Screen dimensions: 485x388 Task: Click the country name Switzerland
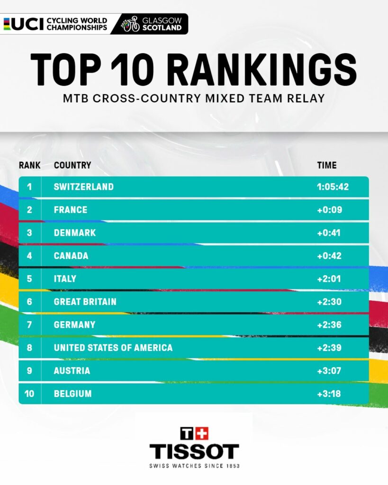[83, 187]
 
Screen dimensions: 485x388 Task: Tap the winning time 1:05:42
[333, 187]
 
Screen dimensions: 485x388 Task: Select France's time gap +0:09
[329, 210]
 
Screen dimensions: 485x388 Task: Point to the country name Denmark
[75, 233]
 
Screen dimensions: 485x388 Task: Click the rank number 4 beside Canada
[29, 256]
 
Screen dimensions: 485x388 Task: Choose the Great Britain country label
[85, 302]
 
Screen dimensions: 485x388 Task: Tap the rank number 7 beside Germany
[29, 325]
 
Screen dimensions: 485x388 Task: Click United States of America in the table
[113, 348]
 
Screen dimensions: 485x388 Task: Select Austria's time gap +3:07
[329, 371]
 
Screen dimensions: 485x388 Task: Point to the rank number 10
[29, 394]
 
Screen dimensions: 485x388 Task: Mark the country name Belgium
[72, 394]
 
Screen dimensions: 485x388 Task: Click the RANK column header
[29, 165]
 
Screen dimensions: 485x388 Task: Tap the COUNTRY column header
[72, 165]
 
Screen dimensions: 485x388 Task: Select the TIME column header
[327, 165]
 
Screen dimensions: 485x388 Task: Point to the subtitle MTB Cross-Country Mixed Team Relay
[194, 99]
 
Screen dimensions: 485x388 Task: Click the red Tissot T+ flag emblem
[194, 433]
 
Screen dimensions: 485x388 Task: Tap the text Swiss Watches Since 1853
[194, 466]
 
